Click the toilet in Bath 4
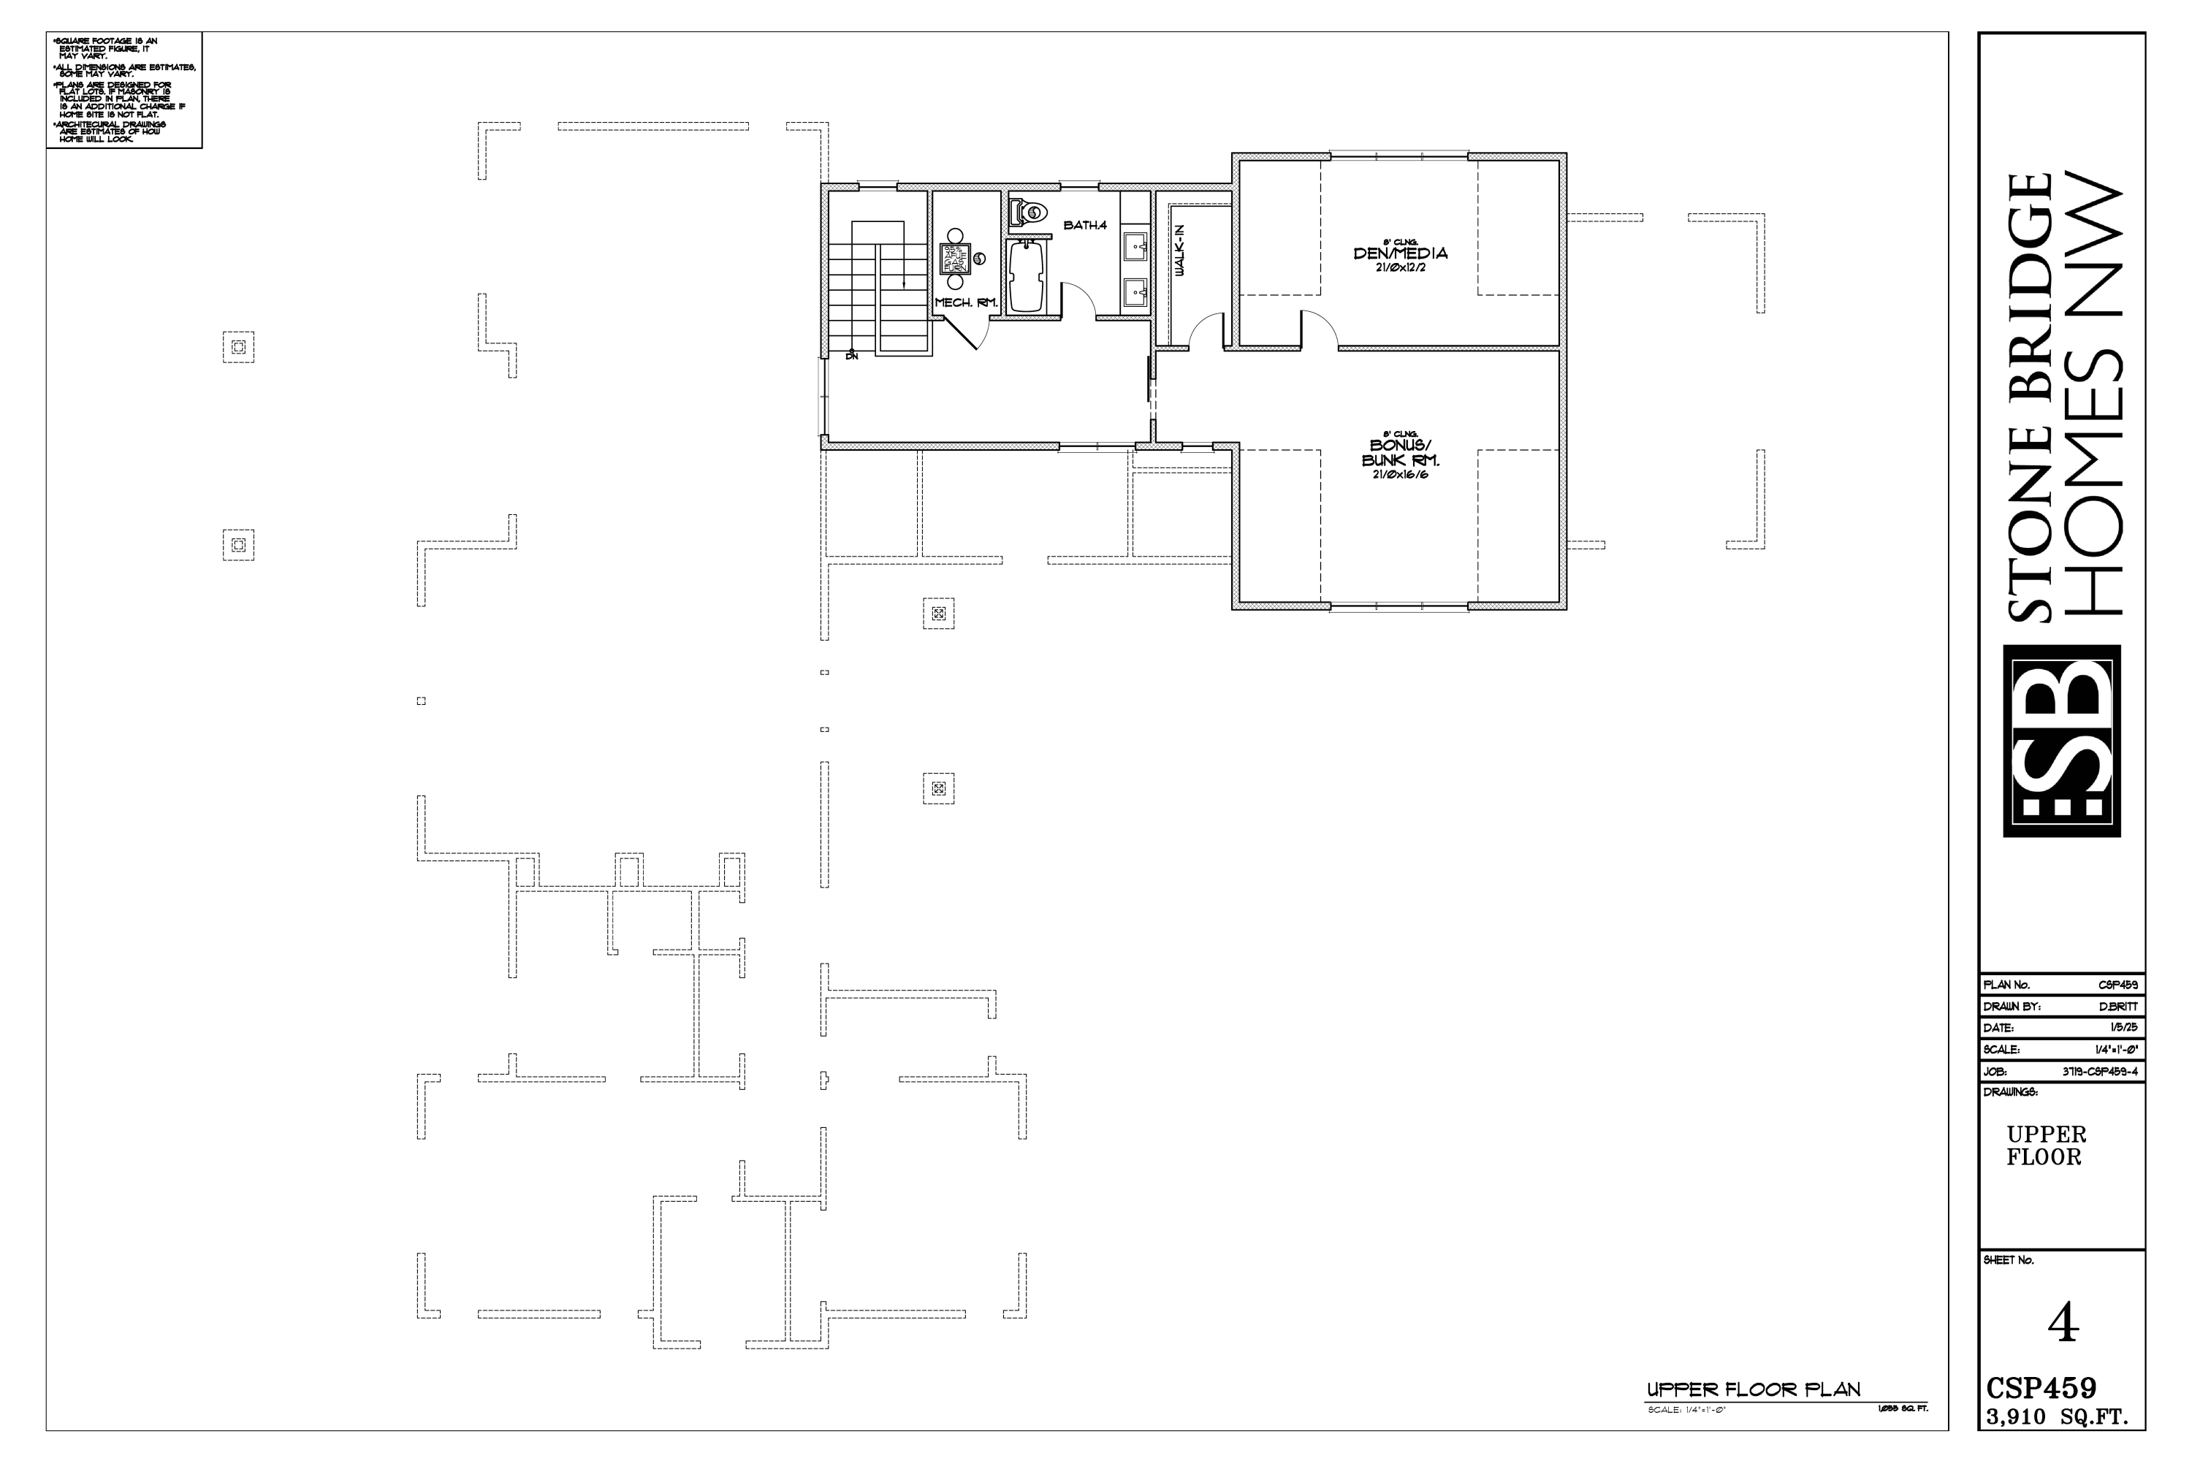[x=1030, y=213]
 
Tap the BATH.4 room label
[x=1085, y=226]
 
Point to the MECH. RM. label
[x=967, y=303]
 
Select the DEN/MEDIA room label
[x=1401, y=253]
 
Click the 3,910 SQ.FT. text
[x=2057, y=1444]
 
